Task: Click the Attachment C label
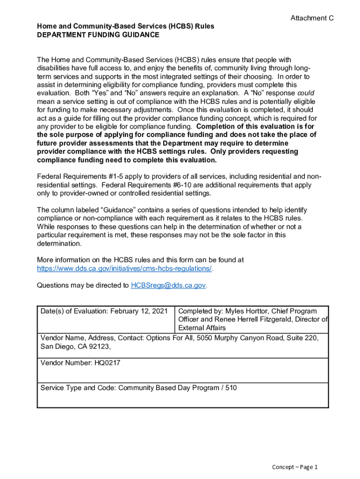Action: pyautogui.click(x=312, y=18)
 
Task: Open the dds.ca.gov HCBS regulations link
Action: pyautogui.click(x=124, y=269)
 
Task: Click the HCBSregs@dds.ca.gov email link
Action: pyautogui.click(x=168, y=285)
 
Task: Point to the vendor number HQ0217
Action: pyautogui.click(x=104, y=363)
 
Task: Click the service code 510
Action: pyautogui.click(x=230, y=388)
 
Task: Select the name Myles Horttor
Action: pyautogui.click(x=249, y=311)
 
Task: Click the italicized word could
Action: pyautogui.click(x=304, y=93)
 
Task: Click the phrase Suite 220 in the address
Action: pyautogui.click(x=303, y=337)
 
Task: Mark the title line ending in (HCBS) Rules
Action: pyautogui.click(x=125, y=26)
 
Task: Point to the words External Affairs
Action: pyautogui.click(x=202, y=328)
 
